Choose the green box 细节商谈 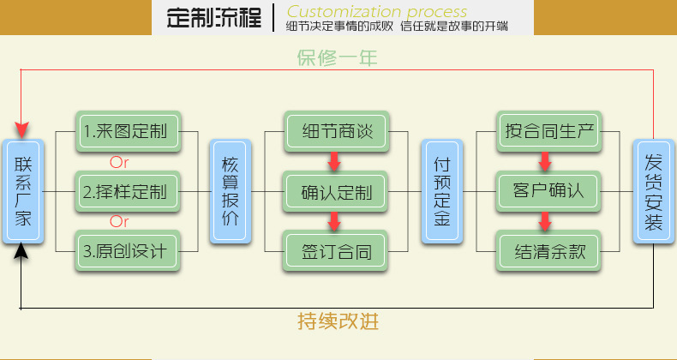pyautogui.click(x=335, y=132)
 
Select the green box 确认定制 pyautogui.click(x=335, y=191)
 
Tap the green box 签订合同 pyautogui.click(x=335, y=252)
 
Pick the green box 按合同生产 pyautogui.click(x=548, y=132)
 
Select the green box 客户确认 pyautogui.click(x=548, y=191)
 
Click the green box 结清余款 pyautogui.click(x=548, y=252)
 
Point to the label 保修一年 pyautogui.click(x=337, y=58)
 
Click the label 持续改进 pyautogui.click(x=337, y=322)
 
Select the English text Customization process pyautogui.click(x=377, y=12)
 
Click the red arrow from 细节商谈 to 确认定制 pyautogui.click(x=335, y=162)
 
